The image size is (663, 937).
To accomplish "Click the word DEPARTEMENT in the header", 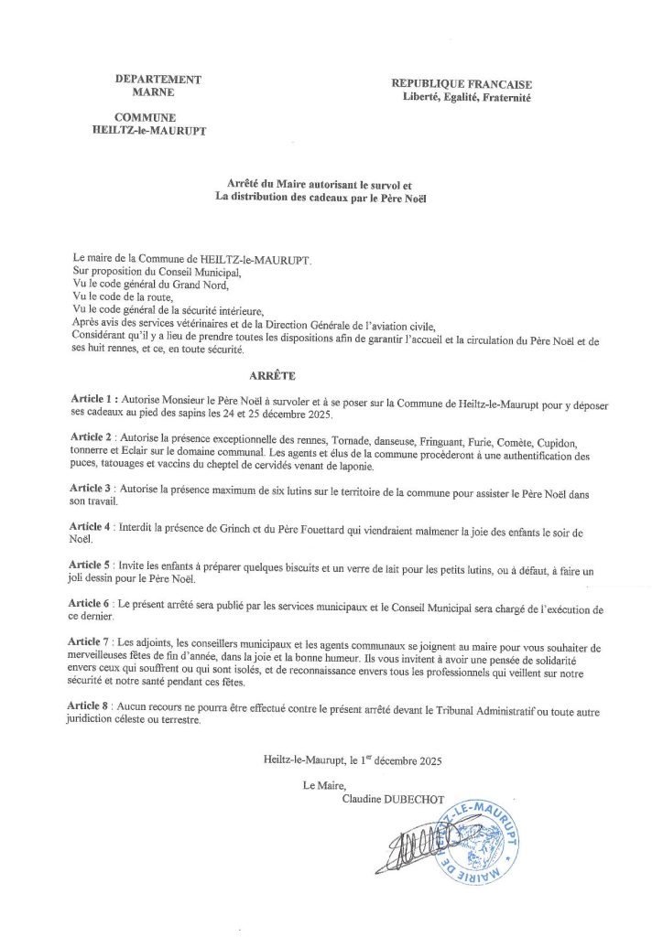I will (x=158, y=80).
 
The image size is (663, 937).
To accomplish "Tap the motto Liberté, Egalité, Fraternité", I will (x=467, y=97).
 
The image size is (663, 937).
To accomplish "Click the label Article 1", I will (x=94, y=401).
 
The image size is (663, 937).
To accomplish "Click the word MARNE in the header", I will (x=158, y=92).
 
